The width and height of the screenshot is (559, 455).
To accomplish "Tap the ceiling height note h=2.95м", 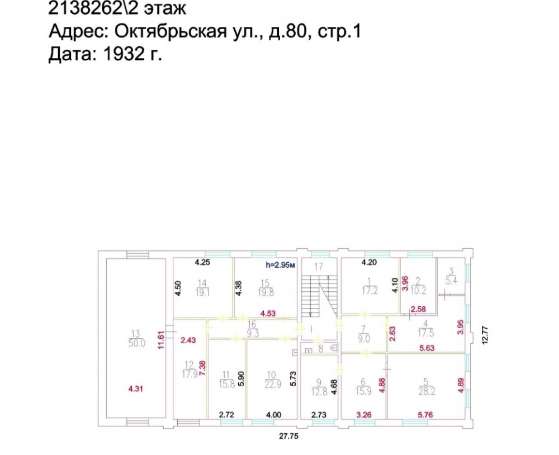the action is pyautogui.click(x=281, y=265).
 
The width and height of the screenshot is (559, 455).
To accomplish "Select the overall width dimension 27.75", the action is pyautogui.click(x=289, y=436).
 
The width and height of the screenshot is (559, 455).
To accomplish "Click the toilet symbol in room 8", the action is pyautogui.click(x=334, y=347).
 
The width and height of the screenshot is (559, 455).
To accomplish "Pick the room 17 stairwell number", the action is pyautogui.click(x=319, y=267).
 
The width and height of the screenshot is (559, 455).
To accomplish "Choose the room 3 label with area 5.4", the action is pyautogui.click(x=451, y=276).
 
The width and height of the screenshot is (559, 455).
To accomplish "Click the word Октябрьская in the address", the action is pyautogui.click(x=170, y=31).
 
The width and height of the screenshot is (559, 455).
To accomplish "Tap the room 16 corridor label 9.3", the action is pyautogui.click(x=252, y=329).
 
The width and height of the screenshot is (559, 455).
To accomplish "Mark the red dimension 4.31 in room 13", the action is pyautogui.click(x=135, y=388).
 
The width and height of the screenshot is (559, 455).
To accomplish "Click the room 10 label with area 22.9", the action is pyautogui.click(x=272, y=380).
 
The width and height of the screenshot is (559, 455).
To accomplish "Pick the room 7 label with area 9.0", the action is pyautogui.click(x=364, y=334).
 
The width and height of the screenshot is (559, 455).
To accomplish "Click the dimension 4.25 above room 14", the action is pyautogui.click(x=202, y=263).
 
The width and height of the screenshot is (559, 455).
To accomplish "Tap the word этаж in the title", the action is pyautogui.click(x=165, y=8).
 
